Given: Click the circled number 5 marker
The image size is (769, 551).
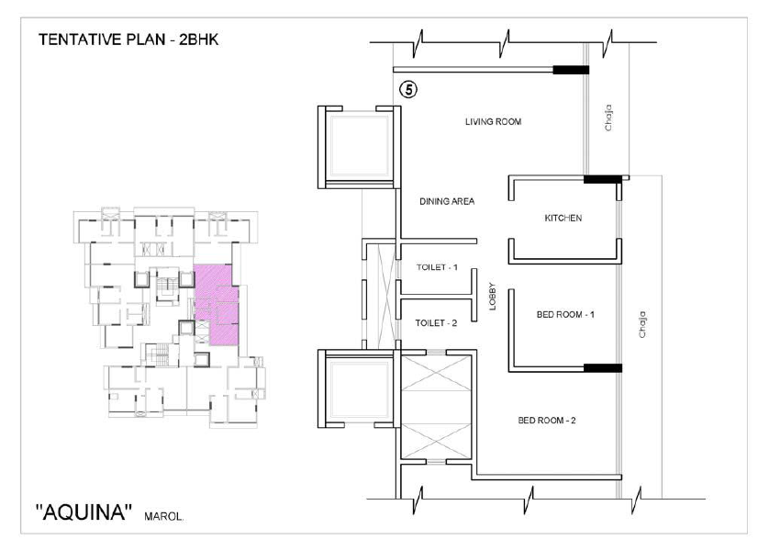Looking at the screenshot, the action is click(408, 90).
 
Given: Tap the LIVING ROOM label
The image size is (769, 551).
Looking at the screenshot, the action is click(493, 122).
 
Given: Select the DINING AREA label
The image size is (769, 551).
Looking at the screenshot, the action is click(447, 201).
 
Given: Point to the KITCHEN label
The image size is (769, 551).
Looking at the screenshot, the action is click(563, 218).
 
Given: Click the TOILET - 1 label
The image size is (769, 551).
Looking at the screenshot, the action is click(437, 267).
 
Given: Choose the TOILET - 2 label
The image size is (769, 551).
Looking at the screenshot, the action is click(436, 323).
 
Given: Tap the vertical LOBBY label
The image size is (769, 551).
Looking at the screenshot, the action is click(493, 297).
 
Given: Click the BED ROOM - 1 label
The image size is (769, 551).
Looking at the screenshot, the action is click(565, 314).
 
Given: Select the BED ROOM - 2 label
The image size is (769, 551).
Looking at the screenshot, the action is click(547, 421).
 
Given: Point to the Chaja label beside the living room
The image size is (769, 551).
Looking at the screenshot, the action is click(608, 118).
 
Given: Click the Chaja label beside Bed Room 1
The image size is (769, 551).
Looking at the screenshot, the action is click(642, 324).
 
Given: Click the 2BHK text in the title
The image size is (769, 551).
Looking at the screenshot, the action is click(198, 39).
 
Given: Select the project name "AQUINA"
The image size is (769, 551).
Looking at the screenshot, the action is click(84, 512).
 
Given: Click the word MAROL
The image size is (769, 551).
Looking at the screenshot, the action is click(164, 516).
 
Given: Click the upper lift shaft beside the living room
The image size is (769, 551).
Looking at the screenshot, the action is click(360, 147).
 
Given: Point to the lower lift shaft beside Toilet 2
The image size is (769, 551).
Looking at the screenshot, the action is click(360, 388).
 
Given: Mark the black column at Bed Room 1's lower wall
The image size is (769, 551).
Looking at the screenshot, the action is click(603, 368).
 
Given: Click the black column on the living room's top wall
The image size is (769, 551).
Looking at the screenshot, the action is click(571, 70).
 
